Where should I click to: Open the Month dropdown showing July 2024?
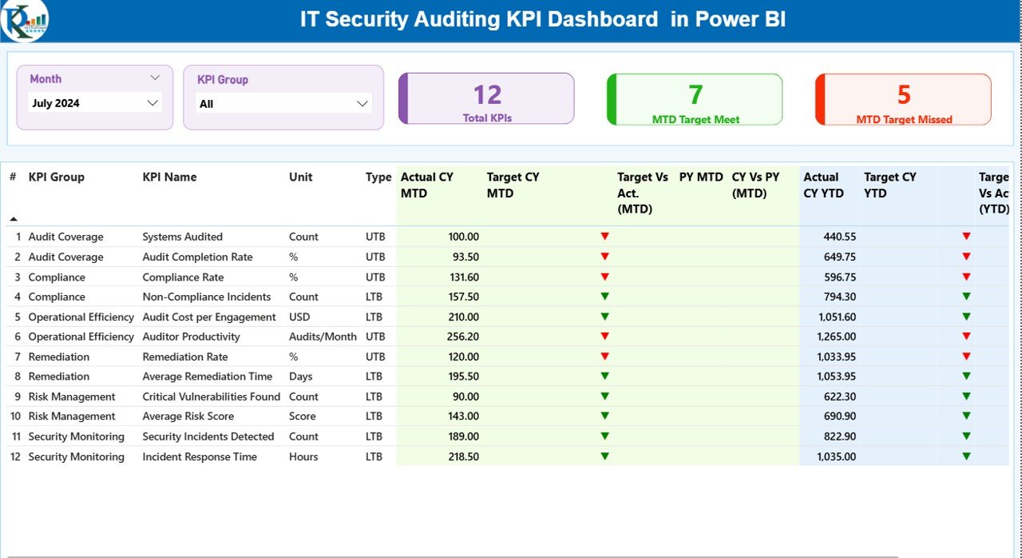tap(95, 103)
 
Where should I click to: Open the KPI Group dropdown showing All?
tap(283, 104)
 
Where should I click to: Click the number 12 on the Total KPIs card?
tap(487, 95)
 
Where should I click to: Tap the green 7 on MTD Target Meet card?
tap(695, 95)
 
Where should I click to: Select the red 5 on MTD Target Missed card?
tap(904, 95)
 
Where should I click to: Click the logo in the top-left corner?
tap(24, 20)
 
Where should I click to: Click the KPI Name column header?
tap(169, 177)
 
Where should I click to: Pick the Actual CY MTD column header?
tap(430, 185)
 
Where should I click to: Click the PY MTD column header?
tap(701, 177)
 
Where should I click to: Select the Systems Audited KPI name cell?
tap(182, 237)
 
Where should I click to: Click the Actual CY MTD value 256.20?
tap(463, 337)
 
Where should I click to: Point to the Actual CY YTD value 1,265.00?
tap(836, 337)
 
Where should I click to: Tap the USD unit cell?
tap(301, 317)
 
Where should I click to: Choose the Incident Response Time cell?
tap(200, 457)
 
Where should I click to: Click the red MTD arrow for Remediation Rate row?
tap(604, 357)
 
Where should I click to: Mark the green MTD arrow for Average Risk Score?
tap(604, 417)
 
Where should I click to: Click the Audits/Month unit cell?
tap(323, 337)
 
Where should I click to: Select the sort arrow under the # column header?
tap(14, 218)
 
